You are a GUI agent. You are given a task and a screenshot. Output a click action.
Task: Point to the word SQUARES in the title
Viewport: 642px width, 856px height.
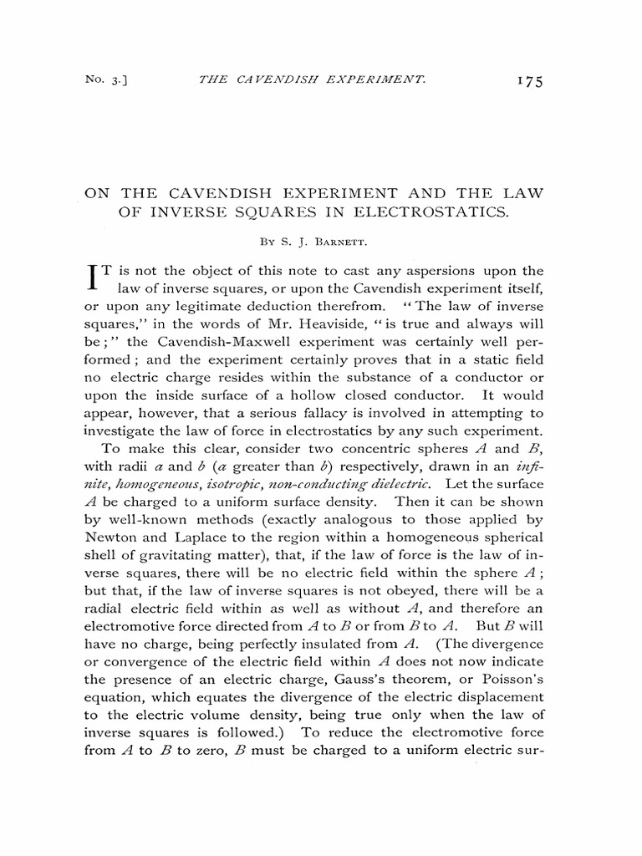(261, 212)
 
